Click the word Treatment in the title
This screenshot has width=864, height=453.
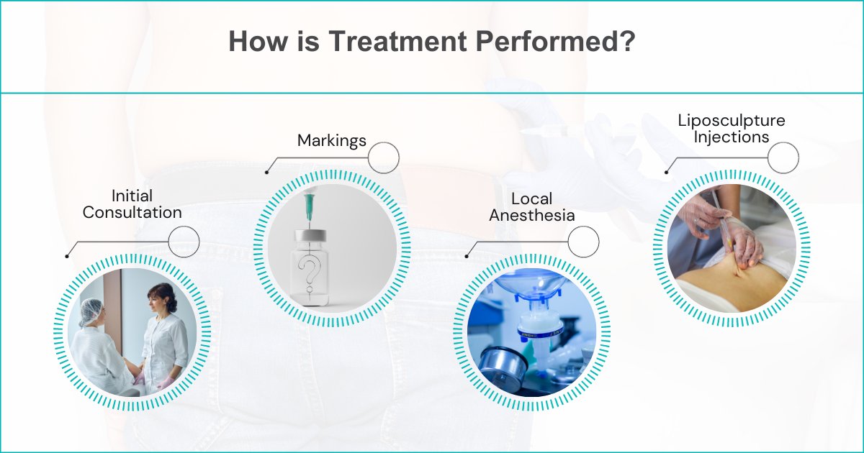coord(397,42)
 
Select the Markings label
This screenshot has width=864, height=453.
coord(332,141)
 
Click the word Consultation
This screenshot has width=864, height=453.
coord(132,213)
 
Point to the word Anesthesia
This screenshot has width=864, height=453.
coord(533,215)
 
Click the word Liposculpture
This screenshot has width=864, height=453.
coord(731,120)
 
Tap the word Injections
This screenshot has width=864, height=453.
coord(732,137)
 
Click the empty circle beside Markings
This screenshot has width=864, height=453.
coord(383,157)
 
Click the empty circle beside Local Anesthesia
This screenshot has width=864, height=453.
coord(583,241)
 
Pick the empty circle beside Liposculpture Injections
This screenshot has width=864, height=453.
coord(783,157)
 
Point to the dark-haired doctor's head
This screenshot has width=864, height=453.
coord(161,296)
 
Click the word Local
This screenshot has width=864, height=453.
coord(533,198)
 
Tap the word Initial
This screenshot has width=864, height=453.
coord(132,196)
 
